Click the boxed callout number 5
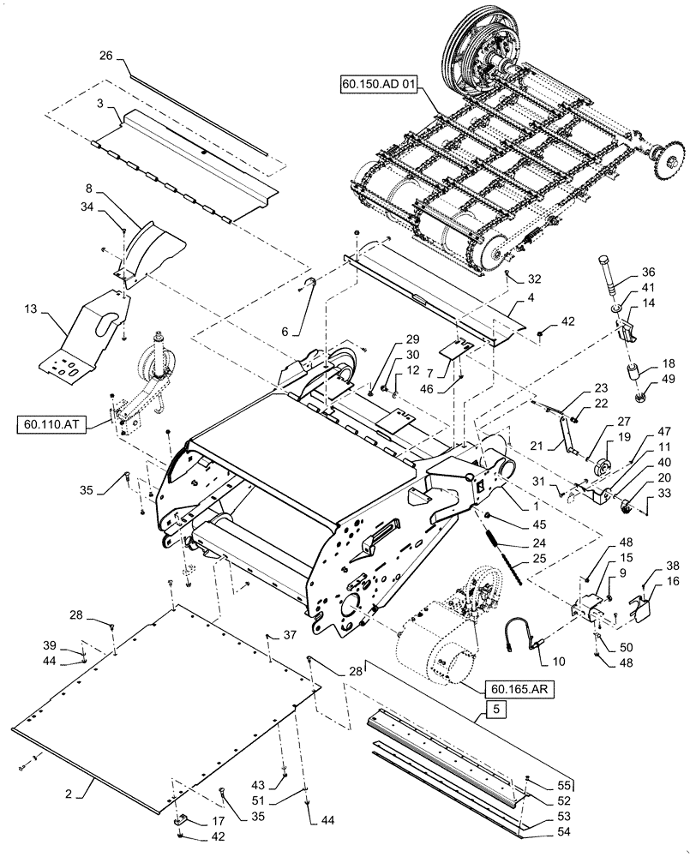click(495, 709)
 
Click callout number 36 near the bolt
click(648, 273)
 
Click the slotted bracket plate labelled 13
click(86, 334)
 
